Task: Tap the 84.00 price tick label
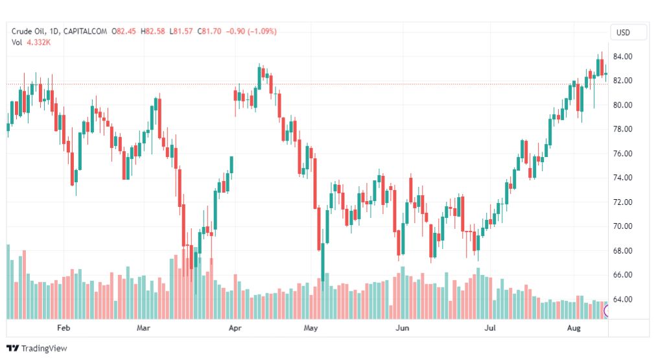tap(622, 56)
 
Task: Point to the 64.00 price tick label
tap(622, 299)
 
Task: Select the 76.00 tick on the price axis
tap(622, 154)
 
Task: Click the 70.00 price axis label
tap(622, 226)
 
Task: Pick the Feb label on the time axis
tap(64, 328)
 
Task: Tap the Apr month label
tap(235, 328)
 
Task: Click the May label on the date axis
tap(310, 328)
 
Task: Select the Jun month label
tap(402, 328)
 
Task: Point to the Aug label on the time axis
tap(574, 328)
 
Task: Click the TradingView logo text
tap(44, 348)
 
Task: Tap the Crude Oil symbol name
tap(28, 31)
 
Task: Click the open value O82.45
tap(124, 31)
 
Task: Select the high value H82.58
tap(153, 31)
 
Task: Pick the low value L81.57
tap(181, 31)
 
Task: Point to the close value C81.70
tap(209, 31)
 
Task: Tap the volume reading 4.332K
tap(38, 42)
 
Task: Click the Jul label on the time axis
tap(490, 328)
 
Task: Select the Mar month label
tap(143, 328)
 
